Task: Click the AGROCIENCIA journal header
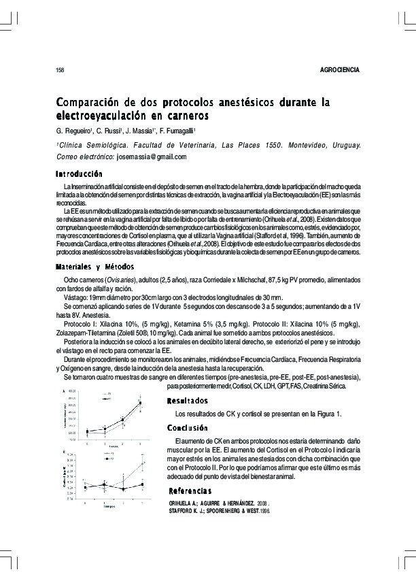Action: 339,71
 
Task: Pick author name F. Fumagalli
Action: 192,131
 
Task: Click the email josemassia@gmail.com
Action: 152,156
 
